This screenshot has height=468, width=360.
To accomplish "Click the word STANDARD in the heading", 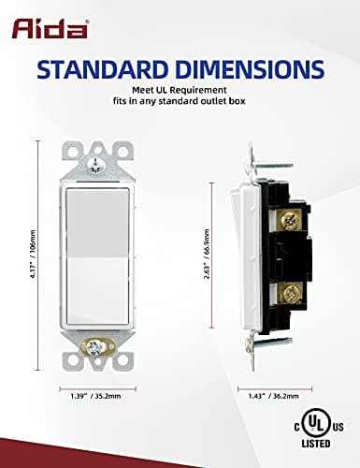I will [110, 71].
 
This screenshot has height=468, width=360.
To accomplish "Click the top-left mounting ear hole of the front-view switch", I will [73, 153].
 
